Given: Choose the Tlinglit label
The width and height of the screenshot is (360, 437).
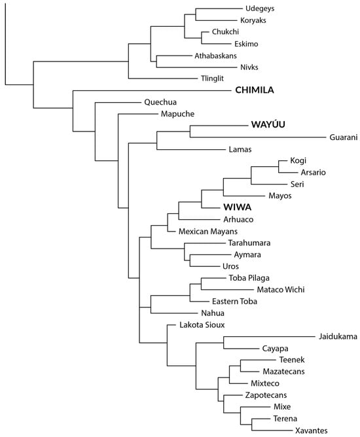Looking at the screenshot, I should tap(214, 79).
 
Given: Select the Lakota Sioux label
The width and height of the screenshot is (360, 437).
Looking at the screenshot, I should tap(201, 325).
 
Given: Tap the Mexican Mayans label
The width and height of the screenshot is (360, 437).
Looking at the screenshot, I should tap(204, 231).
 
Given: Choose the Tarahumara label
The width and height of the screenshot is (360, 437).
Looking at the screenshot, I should tap(230, 243).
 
